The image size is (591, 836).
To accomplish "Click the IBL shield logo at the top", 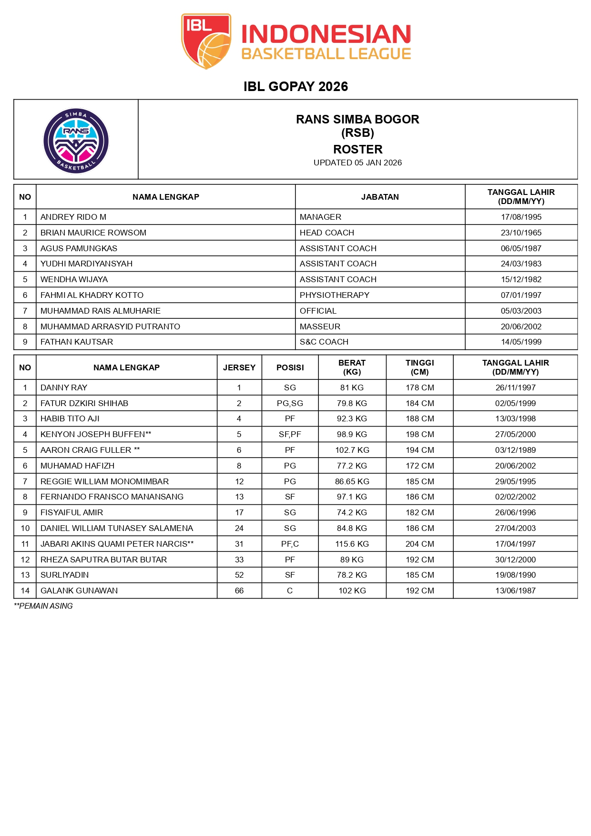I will coord(206,41).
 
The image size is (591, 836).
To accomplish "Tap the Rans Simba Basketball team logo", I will coord(76,141).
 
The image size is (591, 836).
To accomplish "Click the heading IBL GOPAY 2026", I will coord(295,86).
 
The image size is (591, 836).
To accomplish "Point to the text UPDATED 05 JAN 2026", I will coord(357,163).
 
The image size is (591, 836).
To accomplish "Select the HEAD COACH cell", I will coord(327,233).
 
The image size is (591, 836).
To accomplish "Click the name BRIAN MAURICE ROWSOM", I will coord(93,233).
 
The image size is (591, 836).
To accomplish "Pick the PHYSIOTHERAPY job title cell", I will coord(335,295).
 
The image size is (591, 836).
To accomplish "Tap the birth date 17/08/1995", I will coord(521,217).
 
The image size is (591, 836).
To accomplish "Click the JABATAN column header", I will coord(380,197).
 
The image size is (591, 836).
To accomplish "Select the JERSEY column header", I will coord(239,367).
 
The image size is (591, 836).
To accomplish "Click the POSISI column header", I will coord(290,367).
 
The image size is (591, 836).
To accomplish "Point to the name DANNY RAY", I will coord(64,387).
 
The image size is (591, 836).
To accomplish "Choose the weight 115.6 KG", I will coord(352,544).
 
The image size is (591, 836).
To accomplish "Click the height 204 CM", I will coord(419,544).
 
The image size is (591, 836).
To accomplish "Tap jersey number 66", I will coord(239,591).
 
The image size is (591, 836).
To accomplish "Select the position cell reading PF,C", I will coord(290,544).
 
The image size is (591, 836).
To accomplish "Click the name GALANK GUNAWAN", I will coord(79,591).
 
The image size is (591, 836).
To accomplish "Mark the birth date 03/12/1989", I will coord(515,450).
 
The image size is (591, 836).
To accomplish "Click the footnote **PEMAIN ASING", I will coord(43,606).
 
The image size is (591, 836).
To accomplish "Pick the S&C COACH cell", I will coord(324,342).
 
